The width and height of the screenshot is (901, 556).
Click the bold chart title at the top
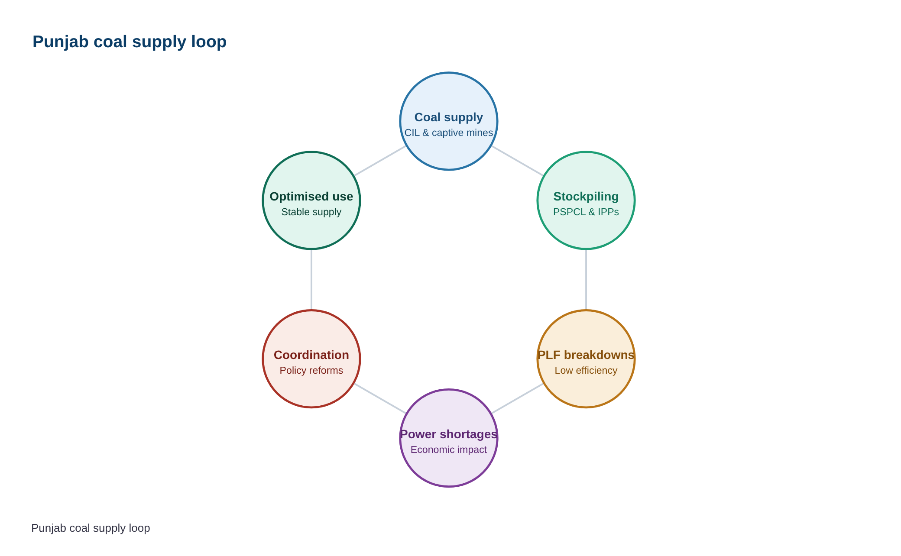coord(130,42)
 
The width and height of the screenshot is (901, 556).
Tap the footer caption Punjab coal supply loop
coord(91,528)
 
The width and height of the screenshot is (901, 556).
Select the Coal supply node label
coord(449,117)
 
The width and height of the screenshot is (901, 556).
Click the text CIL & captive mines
coord(449,133)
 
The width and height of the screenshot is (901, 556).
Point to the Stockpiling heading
coord(586,197)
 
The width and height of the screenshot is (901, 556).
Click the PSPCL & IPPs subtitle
coord(586,212)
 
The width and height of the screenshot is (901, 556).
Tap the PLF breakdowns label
coord(586,355)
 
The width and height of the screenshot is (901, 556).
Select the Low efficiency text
coord(586,370)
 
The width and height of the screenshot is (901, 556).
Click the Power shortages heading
coord(449,434)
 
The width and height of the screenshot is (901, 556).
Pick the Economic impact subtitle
coord(449,449)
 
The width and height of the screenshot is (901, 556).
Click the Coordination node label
coord(311,355)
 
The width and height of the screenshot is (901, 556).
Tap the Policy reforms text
coord(311,370)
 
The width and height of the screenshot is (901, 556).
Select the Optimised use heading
coord(311,197)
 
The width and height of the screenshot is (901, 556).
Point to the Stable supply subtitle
coord(311,212)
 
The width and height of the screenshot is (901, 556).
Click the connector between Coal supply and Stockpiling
coord(518,161)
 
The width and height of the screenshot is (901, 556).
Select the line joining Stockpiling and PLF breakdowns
coord(586,280)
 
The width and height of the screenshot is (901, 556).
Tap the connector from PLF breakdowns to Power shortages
coord(518,398)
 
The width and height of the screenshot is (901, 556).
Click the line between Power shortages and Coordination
coord(380,398)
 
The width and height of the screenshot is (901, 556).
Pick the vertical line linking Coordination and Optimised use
coord(311,280)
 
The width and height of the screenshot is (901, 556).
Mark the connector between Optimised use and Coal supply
coord(380,161)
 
